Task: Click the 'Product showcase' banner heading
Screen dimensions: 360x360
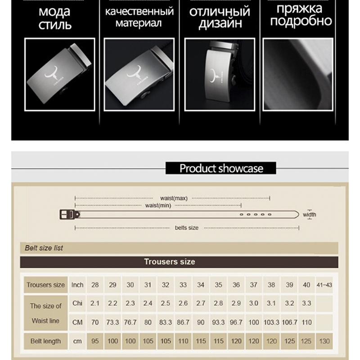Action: [221, 168]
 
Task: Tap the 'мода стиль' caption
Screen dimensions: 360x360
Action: [55, 17]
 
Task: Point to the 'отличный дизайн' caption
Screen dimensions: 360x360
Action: [219, 17]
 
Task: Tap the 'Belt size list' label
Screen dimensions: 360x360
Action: [44, 248]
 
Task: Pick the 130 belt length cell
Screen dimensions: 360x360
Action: [324, 341]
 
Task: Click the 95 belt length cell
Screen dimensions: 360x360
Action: [95, 341]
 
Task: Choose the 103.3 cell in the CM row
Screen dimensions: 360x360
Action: [271, 323]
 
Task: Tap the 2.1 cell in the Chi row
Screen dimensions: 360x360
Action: [95, 303]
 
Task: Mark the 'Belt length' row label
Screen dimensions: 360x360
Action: [45, 341]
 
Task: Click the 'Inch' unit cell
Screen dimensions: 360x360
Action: [77, 285]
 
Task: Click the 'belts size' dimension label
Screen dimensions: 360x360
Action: [186, 228]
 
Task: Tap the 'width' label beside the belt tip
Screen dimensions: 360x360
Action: [310, 215]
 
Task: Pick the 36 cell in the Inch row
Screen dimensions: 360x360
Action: [236, 285]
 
